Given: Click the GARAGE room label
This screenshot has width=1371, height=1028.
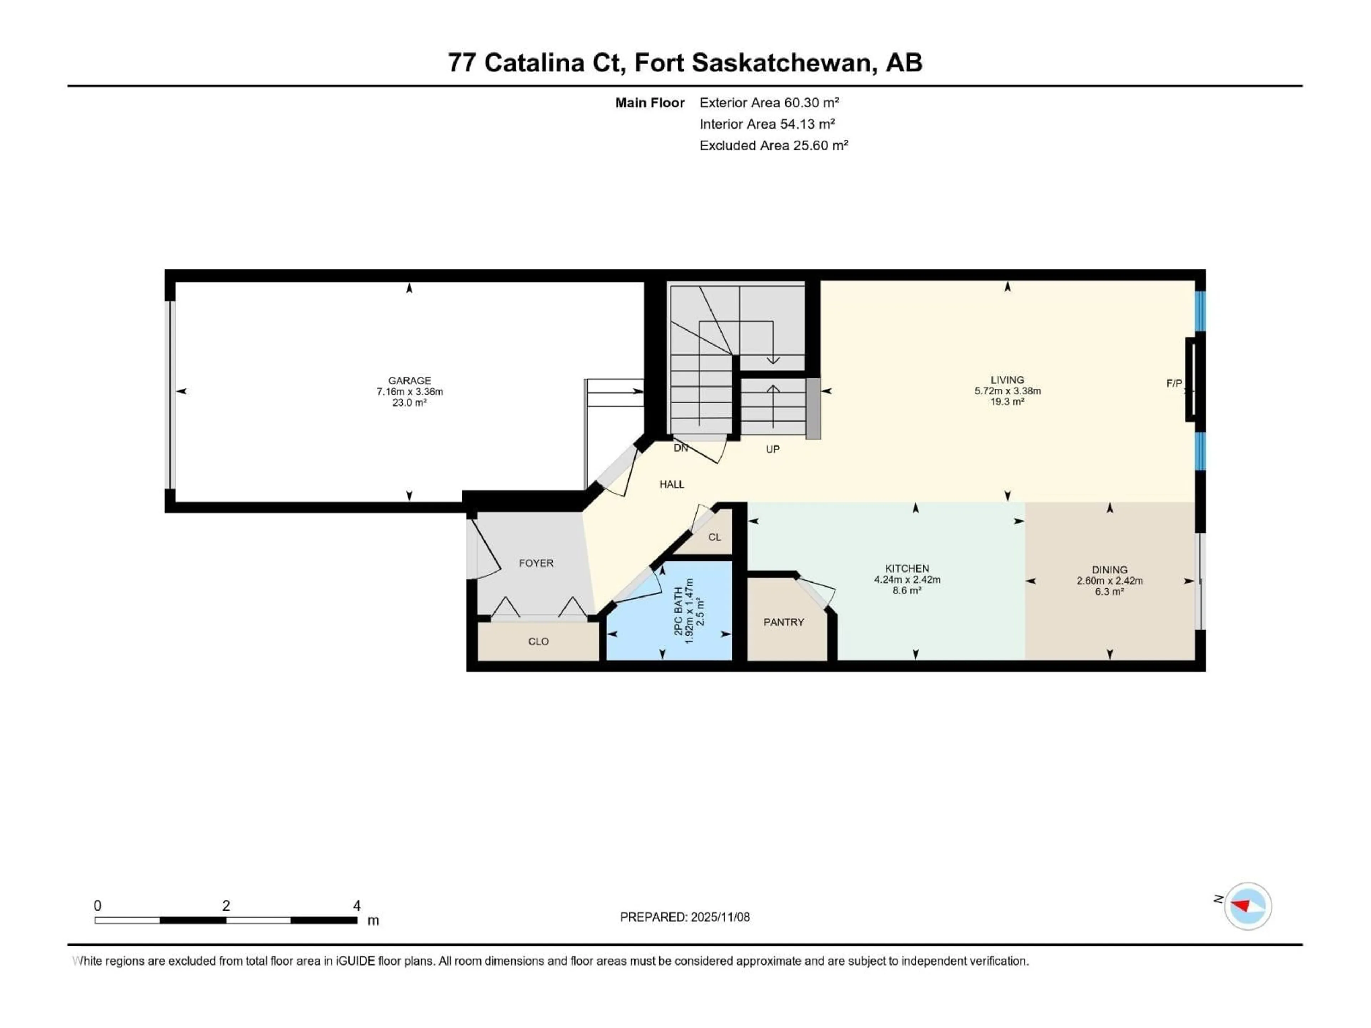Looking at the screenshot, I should (x=409, y=381).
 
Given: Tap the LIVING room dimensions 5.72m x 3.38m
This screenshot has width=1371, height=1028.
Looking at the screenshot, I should (x=1007, y=391).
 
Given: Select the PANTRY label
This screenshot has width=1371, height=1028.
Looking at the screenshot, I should (x=783, y=622).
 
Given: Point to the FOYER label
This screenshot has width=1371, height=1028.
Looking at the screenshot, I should (x=536, y=563).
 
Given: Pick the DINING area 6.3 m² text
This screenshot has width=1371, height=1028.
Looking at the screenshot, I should (x=1109, y=592).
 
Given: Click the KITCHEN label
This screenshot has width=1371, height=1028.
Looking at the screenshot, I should (x=907, y=568).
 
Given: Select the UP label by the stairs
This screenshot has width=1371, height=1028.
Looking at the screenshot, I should (x=772, y=449).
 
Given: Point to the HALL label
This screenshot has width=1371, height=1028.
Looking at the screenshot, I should (x=671, y=485).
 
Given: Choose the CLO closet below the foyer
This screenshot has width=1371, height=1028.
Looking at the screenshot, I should (x=538, y=641).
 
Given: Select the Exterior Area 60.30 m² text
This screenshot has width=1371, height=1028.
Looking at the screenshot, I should (x=769, y=103).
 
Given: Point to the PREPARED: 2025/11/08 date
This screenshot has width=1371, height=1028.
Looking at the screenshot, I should (x=684, y=917).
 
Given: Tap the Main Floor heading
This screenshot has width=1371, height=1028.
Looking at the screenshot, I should (x=649, y=103).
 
